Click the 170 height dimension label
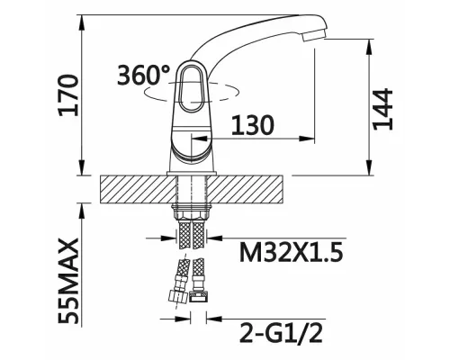click(x=69, y=95)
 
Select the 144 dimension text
click(x=382, y=109)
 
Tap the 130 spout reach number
click(x=253, y=125)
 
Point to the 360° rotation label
click(x=143, y=74)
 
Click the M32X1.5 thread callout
click(x=291, y=252)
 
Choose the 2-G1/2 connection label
click(x=281, y=332)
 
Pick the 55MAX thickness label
click(x=68, y=281)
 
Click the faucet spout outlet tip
click(x=314, y=37)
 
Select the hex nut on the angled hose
click(x=177, y=297)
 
